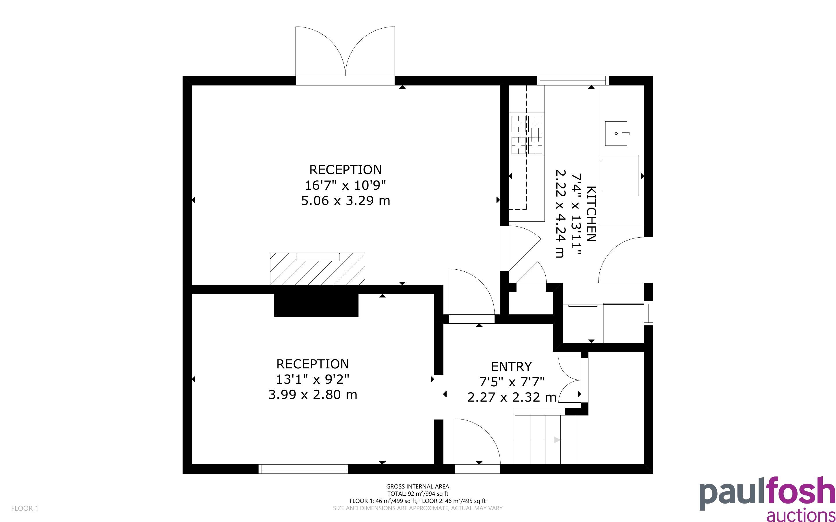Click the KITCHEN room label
tap(591, 214)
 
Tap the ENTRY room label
tap(511, 366)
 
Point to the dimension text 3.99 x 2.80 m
tap(313, 395)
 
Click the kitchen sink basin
tap(616, 133)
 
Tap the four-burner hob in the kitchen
tap(527, 135)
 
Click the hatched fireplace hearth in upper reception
tap(317, 269)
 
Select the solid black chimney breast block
tap(316, 305)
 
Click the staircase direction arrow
tap(537, 440)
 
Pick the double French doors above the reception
tap(345, 55)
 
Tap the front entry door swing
tap(478, 445)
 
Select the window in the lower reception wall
tap(303, 469)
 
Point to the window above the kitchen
tap(573, 81)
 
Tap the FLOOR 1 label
tap(25, 508)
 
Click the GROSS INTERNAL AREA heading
tap(417, 486)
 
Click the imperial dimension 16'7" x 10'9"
tap(345, 185)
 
